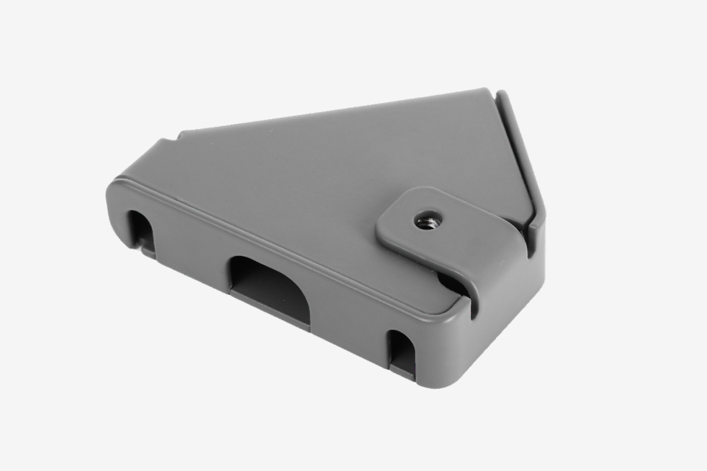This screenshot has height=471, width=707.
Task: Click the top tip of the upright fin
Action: (501, 94)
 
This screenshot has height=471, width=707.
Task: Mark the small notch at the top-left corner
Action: (177, 137)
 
